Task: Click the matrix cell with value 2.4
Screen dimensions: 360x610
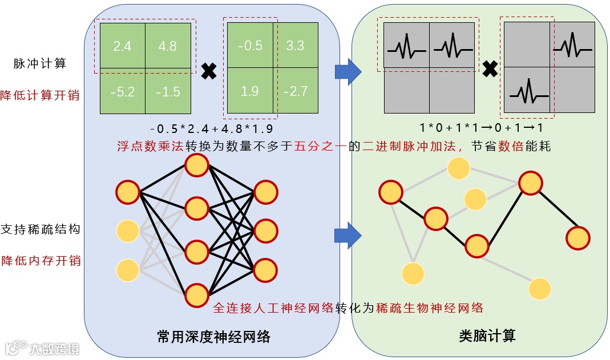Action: point(122,46)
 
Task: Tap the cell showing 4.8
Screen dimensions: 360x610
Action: point(168,46)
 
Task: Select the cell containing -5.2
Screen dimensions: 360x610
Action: point(122,90)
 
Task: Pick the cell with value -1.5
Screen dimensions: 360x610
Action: point(168,90)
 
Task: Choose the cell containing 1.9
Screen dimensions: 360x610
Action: point(249,90)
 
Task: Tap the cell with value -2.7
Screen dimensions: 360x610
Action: point(295,90)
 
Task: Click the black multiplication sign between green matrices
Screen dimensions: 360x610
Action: point(209,72)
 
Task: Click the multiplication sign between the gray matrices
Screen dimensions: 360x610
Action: point(489,70)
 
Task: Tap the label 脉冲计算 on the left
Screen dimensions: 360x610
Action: point(40,63)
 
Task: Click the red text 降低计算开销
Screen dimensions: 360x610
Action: point(40,95)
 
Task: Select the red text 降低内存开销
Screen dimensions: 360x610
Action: point(40,261)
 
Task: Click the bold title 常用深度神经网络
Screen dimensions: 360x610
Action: point(213,337)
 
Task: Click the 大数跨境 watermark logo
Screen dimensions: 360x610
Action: point(43,347)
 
